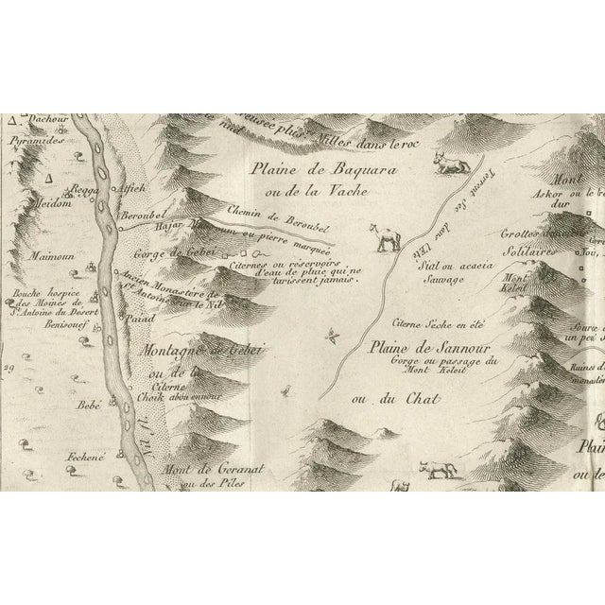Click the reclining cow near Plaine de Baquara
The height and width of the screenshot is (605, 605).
[450, 166]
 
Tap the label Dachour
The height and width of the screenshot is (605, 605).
[45, 120]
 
